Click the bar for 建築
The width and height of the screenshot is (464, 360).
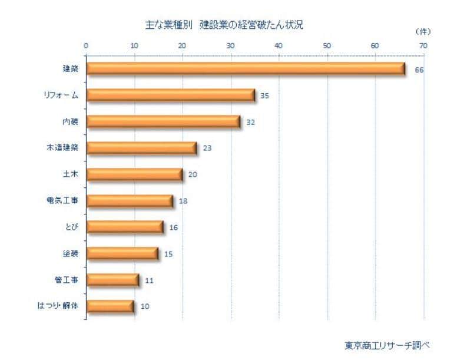tap(246, 69)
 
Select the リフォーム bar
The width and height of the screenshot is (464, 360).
tap(171, 95)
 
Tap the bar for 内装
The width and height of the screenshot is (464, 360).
tap(163, 122)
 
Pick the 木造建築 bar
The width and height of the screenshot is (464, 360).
tap(141, 148)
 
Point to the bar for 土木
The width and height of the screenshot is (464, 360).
tap(134, 174)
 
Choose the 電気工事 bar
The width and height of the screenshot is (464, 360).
tap(130, 201)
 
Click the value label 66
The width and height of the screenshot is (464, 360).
tap(419, 70)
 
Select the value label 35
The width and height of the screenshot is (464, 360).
tap(264, 95)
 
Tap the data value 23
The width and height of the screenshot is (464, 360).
tap(207, 148)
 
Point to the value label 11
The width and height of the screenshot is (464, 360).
tap(149, 280)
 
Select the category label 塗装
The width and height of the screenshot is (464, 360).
tap(71, 253)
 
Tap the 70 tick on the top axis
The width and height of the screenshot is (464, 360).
tap(422, 45)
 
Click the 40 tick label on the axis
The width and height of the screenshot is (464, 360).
tap(279, 45)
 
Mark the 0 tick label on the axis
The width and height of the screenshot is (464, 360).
tap(87, 45)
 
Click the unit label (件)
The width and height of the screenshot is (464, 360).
tap(423, 30)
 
